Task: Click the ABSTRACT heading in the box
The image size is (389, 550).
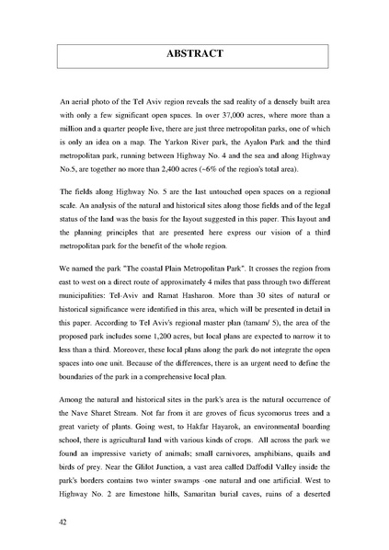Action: tap(194, 54)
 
